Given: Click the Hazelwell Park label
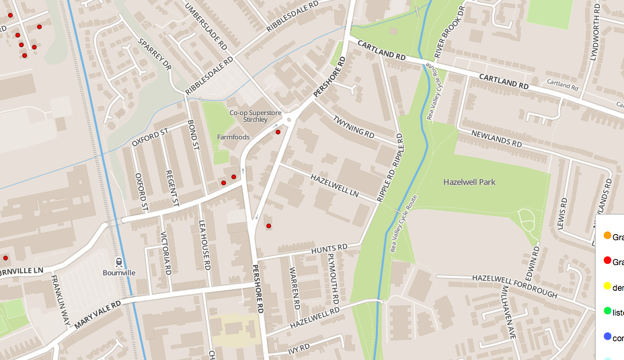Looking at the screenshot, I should click(x=469, y=182).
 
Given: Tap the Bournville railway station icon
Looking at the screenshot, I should click(x=119, y=262).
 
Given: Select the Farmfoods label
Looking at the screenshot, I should click(x=233, y=137).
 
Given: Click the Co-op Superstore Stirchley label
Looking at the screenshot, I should click(x=248, y=116).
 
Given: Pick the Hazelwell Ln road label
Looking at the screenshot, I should click(x=334, y=186).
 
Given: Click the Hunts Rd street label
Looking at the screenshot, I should click(x=329, y=250).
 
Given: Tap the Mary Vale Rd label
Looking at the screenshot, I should click(x=98, y=314).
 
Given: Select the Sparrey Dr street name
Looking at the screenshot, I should click(x=155, y=55).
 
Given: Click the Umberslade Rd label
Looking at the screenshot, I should click(x=207, y=26).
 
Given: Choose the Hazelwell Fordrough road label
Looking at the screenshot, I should click(x=514, y=286).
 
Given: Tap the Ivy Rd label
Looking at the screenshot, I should click(x=298, y=348).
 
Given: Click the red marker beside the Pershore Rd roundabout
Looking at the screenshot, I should click(x=278, y=132).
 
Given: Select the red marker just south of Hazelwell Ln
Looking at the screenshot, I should click(x=268, y=226).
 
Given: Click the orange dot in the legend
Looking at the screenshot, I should click(x=607, y=236).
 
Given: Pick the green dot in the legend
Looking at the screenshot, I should click(x=607, y=311).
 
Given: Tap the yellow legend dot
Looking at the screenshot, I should click(x=607, y=286).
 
